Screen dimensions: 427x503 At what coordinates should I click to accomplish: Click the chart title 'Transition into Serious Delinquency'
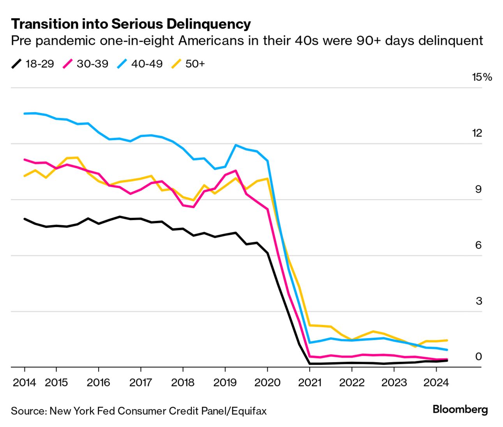click(x=131, y=24)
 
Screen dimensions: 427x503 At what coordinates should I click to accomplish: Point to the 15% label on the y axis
click(x=482, y=77)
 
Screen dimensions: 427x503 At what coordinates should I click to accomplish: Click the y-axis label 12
click(x=477, y=133)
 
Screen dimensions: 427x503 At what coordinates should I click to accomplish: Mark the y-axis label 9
click(x=478, y=189)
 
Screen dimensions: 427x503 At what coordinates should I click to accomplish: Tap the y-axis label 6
click(x=478, y=245)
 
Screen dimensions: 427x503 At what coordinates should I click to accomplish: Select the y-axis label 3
click(x=478, y=301)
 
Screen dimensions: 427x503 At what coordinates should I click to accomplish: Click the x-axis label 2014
click(x=24, y=383)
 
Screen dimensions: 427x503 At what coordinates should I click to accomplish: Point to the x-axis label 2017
click(x=140, y=383)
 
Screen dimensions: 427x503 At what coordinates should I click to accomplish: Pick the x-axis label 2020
click(x=267, y=383)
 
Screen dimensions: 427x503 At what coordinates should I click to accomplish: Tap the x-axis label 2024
click(x=436, y=383)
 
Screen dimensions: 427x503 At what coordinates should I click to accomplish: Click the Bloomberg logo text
click(x=460, y=409)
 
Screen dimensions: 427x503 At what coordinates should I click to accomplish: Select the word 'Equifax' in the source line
click(x=249, y=411)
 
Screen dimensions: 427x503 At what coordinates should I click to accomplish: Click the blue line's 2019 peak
click(x=236, y=145)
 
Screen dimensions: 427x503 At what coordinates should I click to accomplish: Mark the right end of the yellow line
click(x=447, y=340)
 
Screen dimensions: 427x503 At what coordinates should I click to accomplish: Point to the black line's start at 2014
click(x=25, y=219)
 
